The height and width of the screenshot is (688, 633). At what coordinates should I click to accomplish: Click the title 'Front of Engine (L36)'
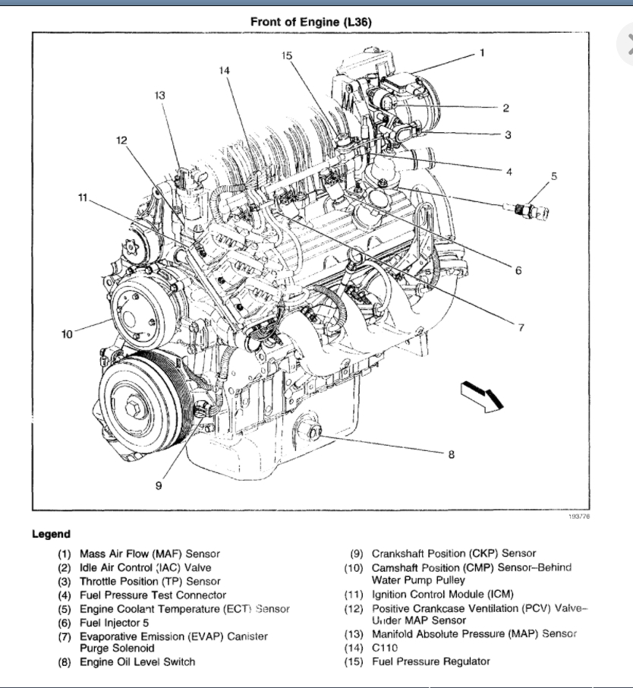(311, 22)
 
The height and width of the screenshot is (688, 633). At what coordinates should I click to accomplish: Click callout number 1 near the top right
(481, 53)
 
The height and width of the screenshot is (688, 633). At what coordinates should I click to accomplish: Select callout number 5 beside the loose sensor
(553, 176)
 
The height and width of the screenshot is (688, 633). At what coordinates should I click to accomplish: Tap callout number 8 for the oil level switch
(451, 455)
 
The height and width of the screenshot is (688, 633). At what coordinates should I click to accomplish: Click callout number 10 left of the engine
(67, 333)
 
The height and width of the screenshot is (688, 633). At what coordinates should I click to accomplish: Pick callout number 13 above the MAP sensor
(159, 96)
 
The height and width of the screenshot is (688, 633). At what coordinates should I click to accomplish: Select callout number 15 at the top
(286, 55)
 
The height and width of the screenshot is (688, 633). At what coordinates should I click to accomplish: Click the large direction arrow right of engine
(482, 396)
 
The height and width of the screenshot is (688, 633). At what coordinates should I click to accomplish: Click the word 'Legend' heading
(51, 534)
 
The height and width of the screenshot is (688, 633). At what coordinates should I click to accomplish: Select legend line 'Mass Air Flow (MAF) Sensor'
(150, 554)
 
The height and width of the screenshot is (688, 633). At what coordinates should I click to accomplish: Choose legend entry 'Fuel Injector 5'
(114, 622)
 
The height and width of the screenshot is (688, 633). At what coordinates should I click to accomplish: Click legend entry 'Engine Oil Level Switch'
(137, 661)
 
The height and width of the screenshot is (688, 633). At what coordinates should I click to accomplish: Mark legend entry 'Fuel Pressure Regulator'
(430, 661)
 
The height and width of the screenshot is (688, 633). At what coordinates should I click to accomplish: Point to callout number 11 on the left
(83, 198)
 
